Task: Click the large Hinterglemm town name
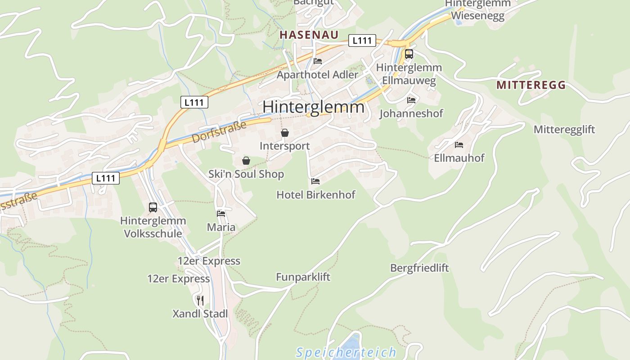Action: (313, 107)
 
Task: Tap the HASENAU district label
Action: (309, 34)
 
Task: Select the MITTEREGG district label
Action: (531, 85)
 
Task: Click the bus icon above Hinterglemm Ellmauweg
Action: (409, 54)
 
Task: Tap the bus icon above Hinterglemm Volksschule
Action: (153, 207)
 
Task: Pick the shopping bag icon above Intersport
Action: (284, 133)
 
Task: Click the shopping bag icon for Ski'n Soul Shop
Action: (246, 161)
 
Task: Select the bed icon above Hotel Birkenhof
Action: (315, 181)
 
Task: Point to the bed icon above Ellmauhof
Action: (459, 144)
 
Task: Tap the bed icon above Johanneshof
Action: (411, 100)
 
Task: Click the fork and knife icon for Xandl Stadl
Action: (200, 300)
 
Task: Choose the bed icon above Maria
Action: (221, 213)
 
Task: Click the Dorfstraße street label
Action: (219, 131)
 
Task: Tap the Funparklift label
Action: (303, 277)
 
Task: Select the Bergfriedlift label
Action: (419, 268)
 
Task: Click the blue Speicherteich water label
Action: (346, 352)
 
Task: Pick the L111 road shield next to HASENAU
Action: (362, 40)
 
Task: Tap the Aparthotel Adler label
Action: (317, 75)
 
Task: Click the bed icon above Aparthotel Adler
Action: (318, 61)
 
